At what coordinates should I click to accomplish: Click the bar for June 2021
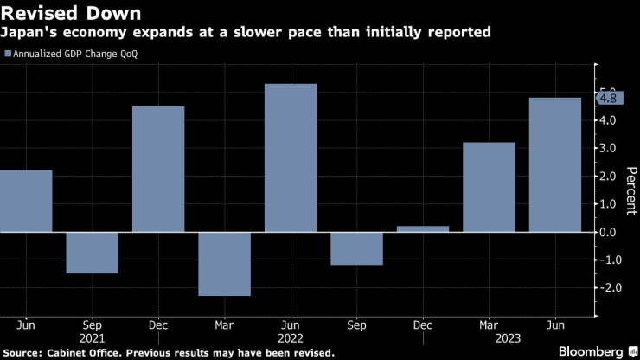pyautogui.click(x=26, y=201)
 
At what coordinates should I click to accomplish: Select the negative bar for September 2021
pyautogui.click(x=92, y=253)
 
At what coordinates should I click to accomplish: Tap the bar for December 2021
pyautogui.click(x=158, y=169)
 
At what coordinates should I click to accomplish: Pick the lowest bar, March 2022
pyautogui.click(x=224, y=264)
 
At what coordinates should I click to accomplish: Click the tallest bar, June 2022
pyautogui.click(x=290, y=157)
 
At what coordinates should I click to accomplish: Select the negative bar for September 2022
pyautogui.click(x=356, y=248)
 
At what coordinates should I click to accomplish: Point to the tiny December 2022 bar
pyautogui.click(x=422, y=228)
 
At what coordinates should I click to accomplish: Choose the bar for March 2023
pyautogui.click(x=489, y=187)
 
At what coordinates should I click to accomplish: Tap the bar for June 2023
pyautogui.click(x=554, y=164)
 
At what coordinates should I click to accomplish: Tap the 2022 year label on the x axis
pyautogui.click(x=291, y=340)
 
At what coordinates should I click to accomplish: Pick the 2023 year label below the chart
pyautogui.click(x=489, y=340)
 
